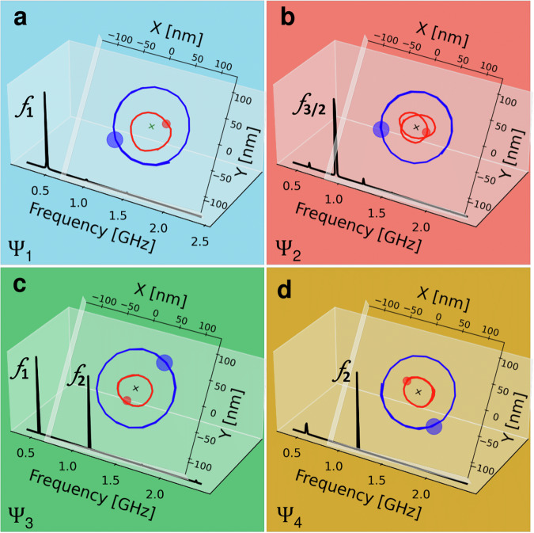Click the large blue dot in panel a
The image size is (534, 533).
[x=115, y=140]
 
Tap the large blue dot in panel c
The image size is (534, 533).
[x=164, y=363]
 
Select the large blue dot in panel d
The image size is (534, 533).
[x=434, y=426]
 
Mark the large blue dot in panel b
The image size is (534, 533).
[x=381, y=130]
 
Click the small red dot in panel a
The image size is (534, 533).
[x=166, y=124]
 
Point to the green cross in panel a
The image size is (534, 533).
[x=152, y=126]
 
